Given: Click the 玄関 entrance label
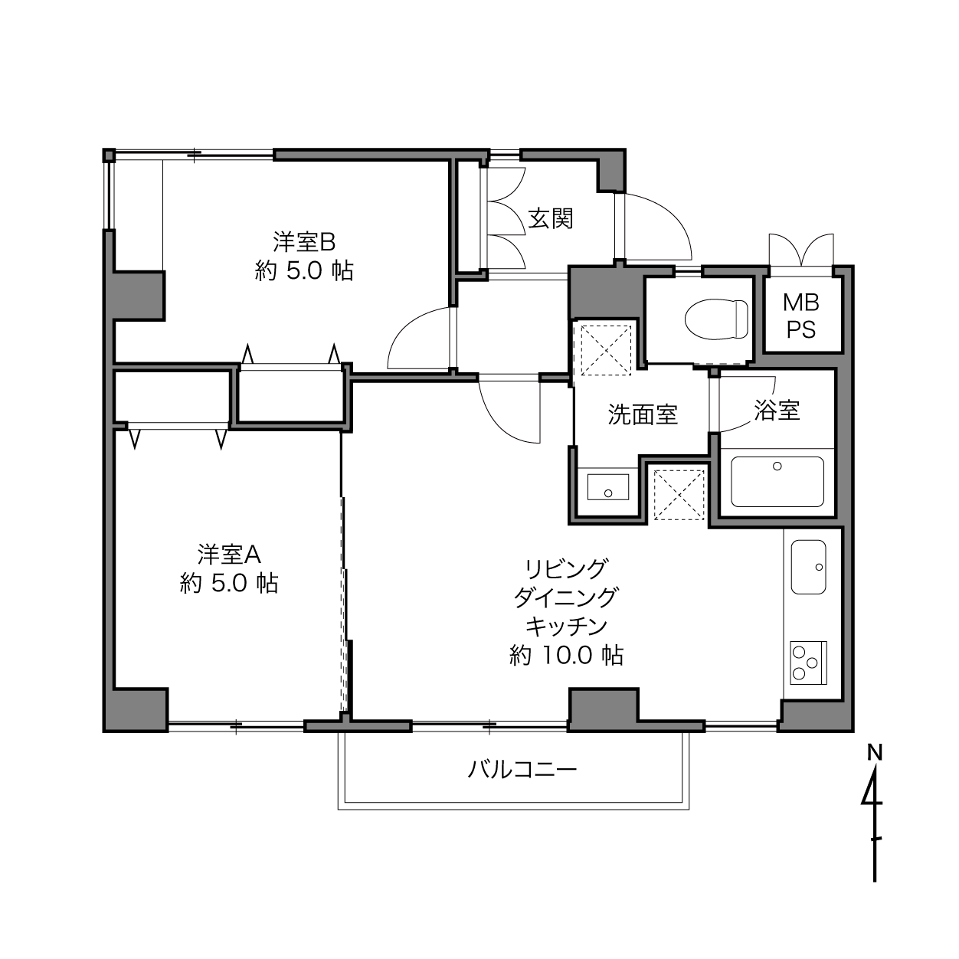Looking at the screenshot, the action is coord(551,218).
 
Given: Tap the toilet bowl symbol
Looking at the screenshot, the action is coord(716,319).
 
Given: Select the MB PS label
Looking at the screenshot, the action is coord(801,316).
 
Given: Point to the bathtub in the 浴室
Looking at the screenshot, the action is coord(777,482).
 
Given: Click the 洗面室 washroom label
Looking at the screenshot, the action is coord(643,414).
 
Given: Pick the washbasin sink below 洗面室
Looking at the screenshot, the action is coord(607,487).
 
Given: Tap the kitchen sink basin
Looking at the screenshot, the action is coord(809,567).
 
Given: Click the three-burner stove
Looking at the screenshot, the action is coord(808,663).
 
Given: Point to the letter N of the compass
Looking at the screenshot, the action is coord(875,753).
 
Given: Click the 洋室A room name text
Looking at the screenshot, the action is coord(229,555).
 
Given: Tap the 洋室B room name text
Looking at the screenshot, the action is coord(304,242).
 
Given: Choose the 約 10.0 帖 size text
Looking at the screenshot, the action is coord(566,656).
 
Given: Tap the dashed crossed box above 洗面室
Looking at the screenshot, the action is coord(606,349).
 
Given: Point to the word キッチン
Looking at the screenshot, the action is coord(566,627).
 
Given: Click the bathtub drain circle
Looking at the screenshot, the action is coord(777,466).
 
